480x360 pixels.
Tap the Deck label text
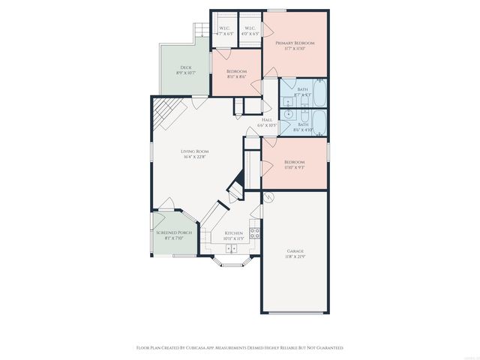click(x=186, y=70)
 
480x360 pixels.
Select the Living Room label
click(x=194, y=154)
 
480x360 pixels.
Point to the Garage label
click(x=295, y=254)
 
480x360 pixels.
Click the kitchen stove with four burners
click(x=255, y=231)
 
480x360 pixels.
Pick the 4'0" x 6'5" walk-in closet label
click(x=250, y=31)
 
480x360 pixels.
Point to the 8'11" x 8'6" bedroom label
click(x=237, y=74)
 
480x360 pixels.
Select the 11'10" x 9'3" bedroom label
click(x=294, y=166)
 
